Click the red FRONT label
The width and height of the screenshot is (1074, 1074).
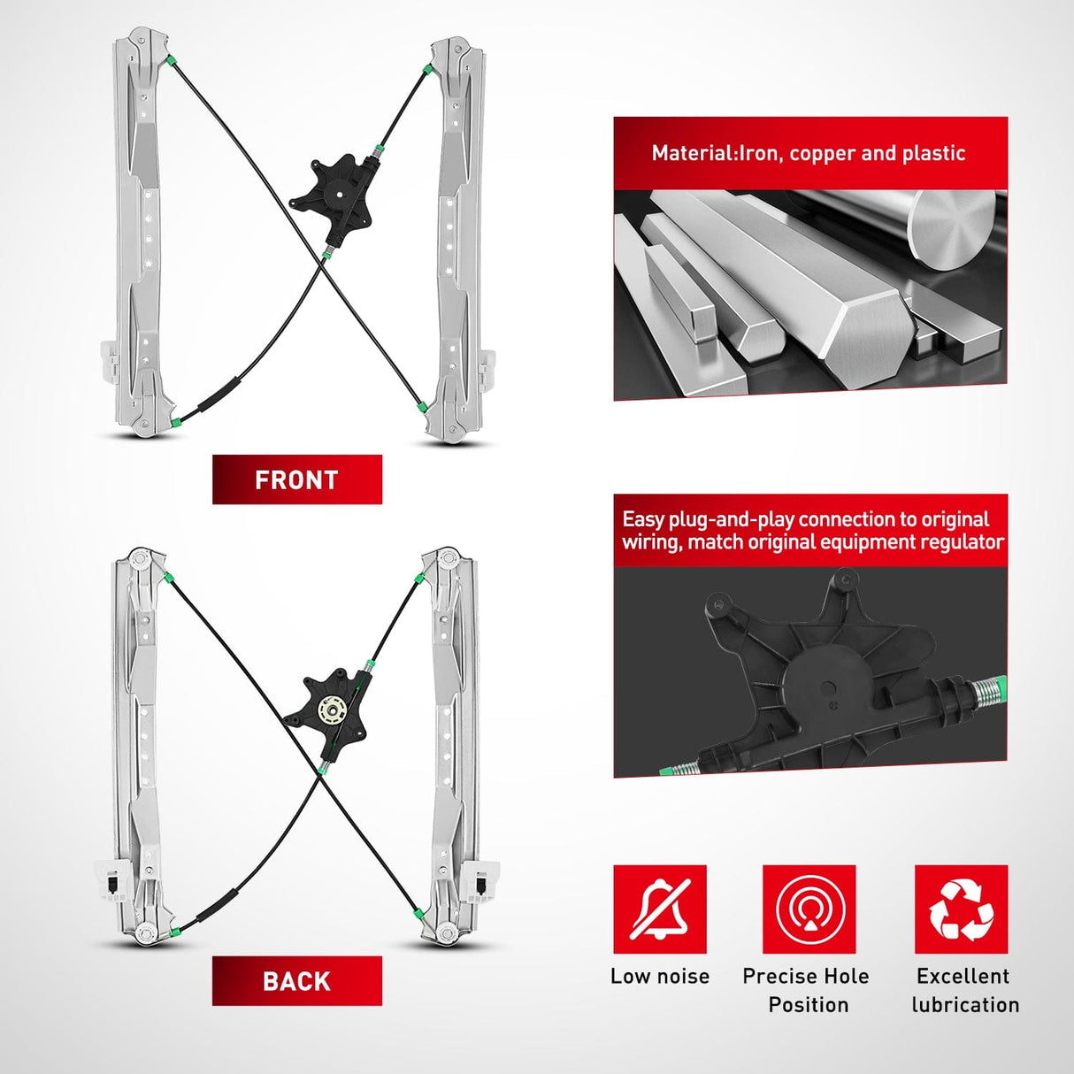tap(297, 479)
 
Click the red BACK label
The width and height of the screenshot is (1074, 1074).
tap(297, 981)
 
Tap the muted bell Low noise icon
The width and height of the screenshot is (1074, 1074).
tap(660, 909)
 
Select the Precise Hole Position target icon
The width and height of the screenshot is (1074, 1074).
tap(809, 909)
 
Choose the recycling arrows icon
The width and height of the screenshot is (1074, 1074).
tap(962, 909)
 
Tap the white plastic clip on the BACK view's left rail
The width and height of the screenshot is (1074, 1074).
tap(112, 882)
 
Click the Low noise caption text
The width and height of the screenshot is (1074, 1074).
tap(660, 976)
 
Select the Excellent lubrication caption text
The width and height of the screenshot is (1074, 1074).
tap(965, 991)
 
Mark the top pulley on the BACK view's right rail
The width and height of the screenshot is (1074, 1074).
tap(447, 558)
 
